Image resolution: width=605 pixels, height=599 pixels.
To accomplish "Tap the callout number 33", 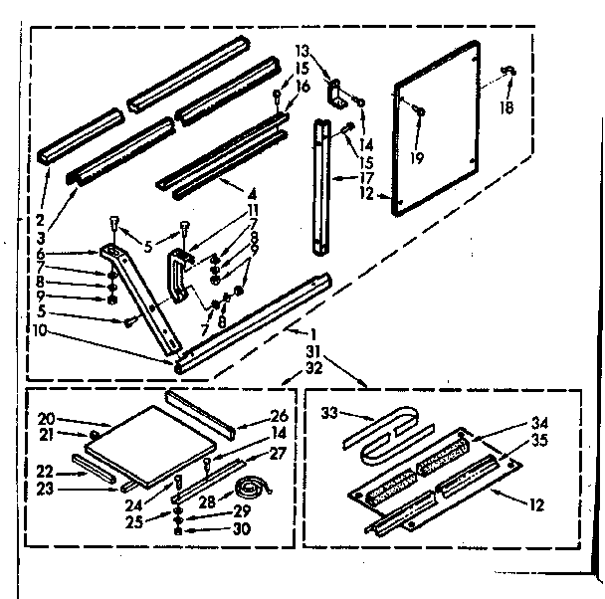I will click(x=328, y=411).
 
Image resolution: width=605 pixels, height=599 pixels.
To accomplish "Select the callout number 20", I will click(x=46, y=419).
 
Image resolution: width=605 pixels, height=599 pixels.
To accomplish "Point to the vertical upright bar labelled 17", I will click(x=322, y=189).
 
